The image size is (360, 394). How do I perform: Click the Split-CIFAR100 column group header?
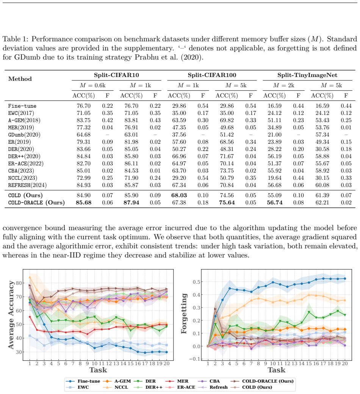pyautogui.click(x=212, y=75)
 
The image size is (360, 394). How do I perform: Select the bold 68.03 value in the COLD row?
pyautogui.click(x=179, y=195)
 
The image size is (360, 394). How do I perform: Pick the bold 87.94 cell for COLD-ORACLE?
pyautogui.click(x=131, y=202)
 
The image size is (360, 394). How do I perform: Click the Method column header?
pyautogui.click(x=20, y=79)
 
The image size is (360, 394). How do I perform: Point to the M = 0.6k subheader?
pyautogui.click(x=92, y=85)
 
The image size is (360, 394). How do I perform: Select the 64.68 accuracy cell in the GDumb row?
pyautogui.click(x=84, y=135)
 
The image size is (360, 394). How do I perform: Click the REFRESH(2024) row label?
pyautogui.click(x=27, y=185)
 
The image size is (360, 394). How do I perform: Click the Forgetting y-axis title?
pyautogui.click(x=184, y=313)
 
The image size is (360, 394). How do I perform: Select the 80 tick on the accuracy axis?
pyautogui.click(x=19, y=283)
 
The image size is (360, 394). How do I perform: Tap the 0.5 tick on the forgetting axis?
pyautogui.click(x=197, y=282)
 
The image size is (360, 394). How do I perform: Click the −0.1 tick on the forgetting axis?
pyautogui.click(x=195, y=359)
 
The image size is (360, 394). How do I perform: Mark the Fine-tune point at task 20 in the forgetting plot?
pyautogui.click(x=345, y=279)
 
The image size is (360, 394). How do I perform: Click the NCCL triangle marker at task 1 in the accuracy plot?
pyautogui.click(x=30, y=277)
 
